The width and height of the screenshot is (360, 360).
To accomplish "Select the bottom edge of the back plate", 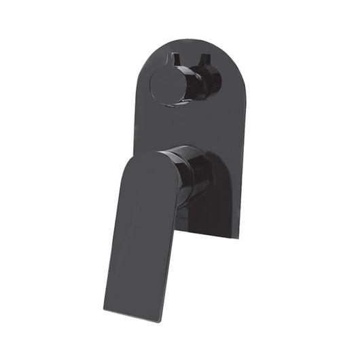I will pos(211,238).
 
